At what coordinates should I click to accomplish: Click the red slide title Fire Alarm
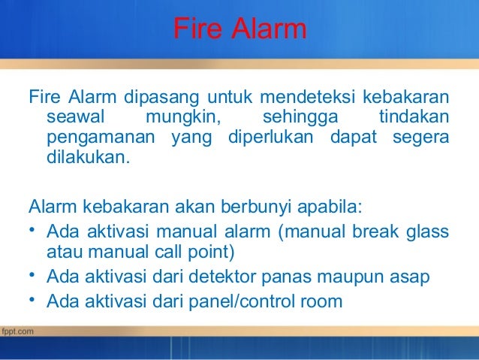coord(239,30)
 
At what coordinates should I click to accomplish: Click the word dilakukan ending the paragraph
coord(88,159)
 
